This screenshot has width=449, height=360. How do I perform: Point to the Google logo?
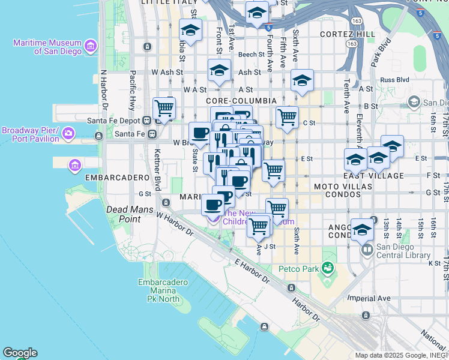point(20,353)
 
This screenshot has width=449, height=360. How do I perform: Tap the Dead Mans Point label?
point(131,214)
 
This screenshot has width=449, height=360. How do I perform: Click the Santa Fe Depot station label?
point(116,121)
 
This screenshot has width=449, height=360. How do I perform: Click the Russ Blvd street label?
point(394,79)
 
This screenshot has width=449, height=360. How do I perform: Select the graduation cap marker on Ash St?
point(220,71)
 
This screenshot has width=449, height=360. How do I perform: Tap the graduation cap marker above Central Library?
point(362,229)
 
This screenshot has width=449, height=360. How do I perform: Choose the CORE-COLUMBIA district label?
point(241,101)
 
